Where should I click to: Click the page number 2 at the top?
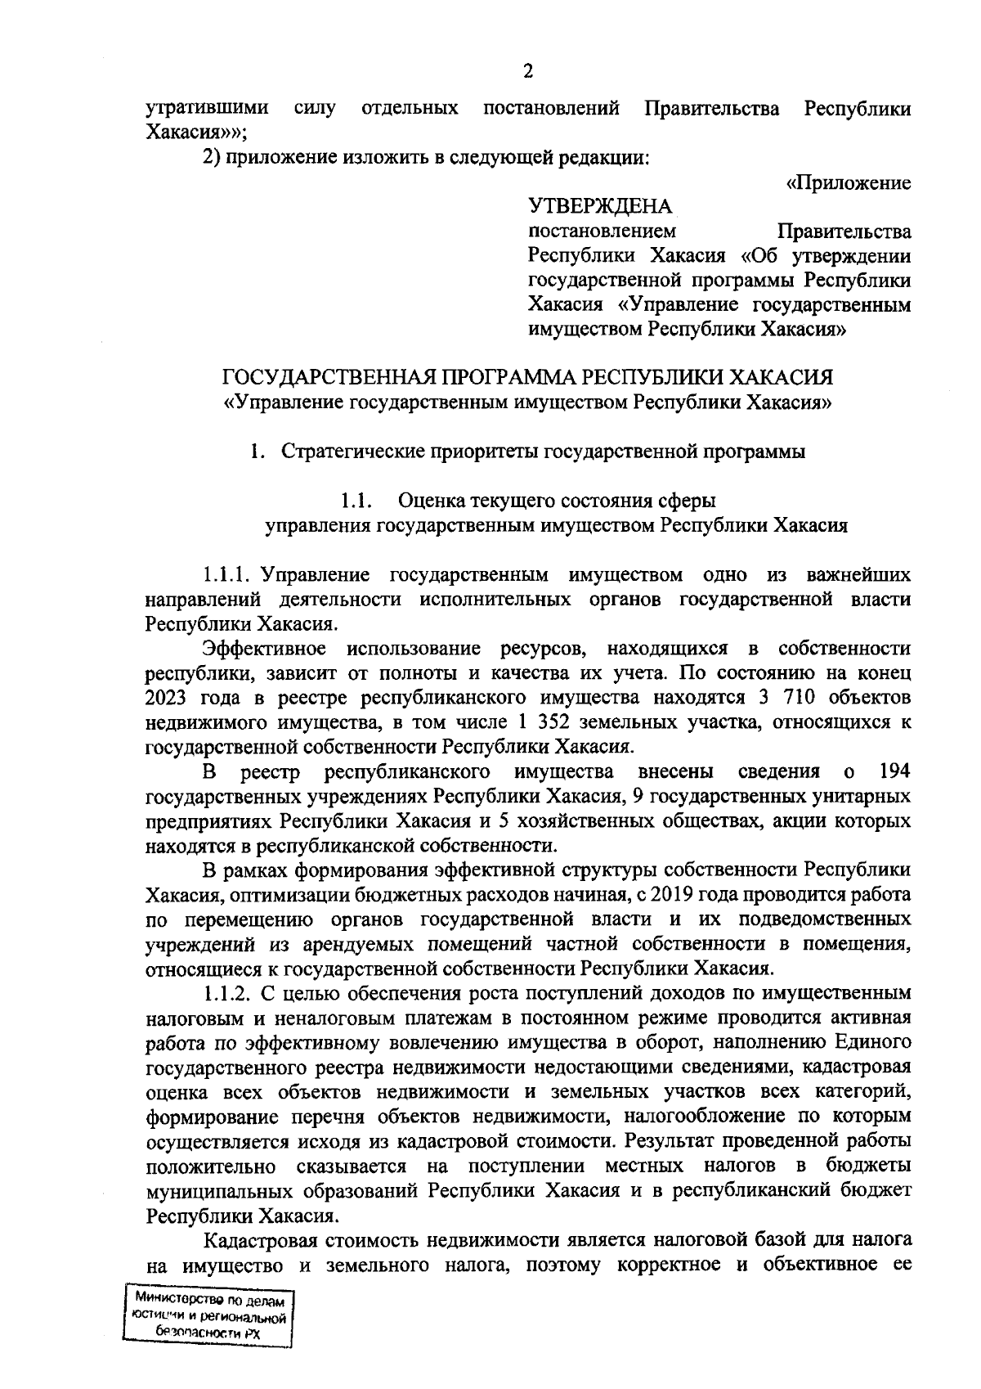point(527,72)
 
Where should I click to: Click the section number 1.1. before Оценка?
point(357,500)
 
